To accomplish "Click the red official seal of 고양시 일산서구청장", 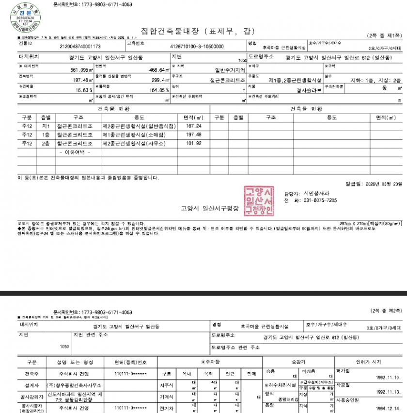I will click(259, 199).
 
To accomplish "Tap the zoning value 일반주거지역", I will click(229, 70).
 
